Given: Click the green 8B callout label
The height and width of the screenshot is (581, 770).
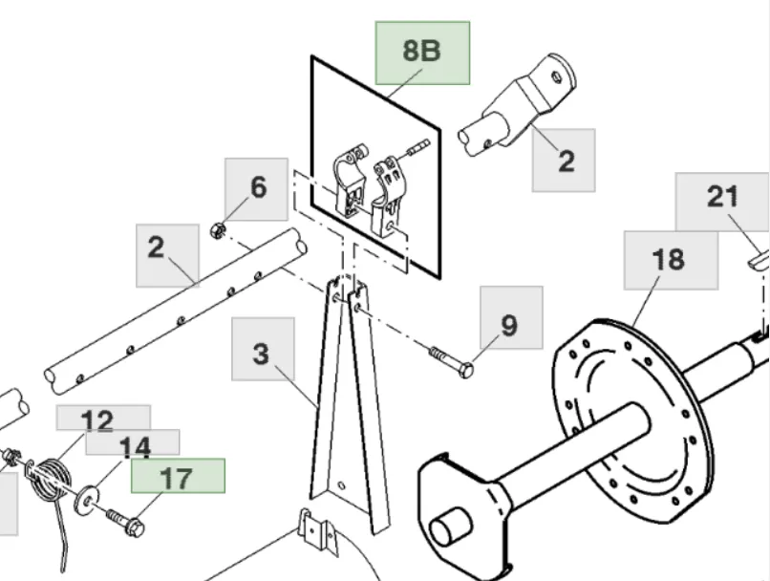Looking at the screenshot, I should tap(421, 52).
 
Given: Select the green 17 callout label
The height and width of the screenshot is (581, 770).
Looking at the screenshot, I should tap(178, 476).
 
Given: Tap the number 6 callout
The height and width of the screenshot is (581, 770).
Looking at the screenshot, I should tap(257, 188).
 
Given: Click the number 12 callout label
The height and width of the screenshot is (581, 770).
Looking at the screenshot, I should tap(98, 420).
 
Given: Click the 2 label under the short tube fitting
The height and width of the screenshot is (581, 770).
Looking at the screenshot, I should tap(565, 160).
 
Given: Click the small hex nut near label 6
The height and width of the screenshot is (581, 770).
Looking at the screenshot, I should tap(217, 230).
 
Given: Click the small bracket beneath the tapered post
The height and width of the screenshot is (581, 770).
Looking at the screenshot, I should tap(317, 530).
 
